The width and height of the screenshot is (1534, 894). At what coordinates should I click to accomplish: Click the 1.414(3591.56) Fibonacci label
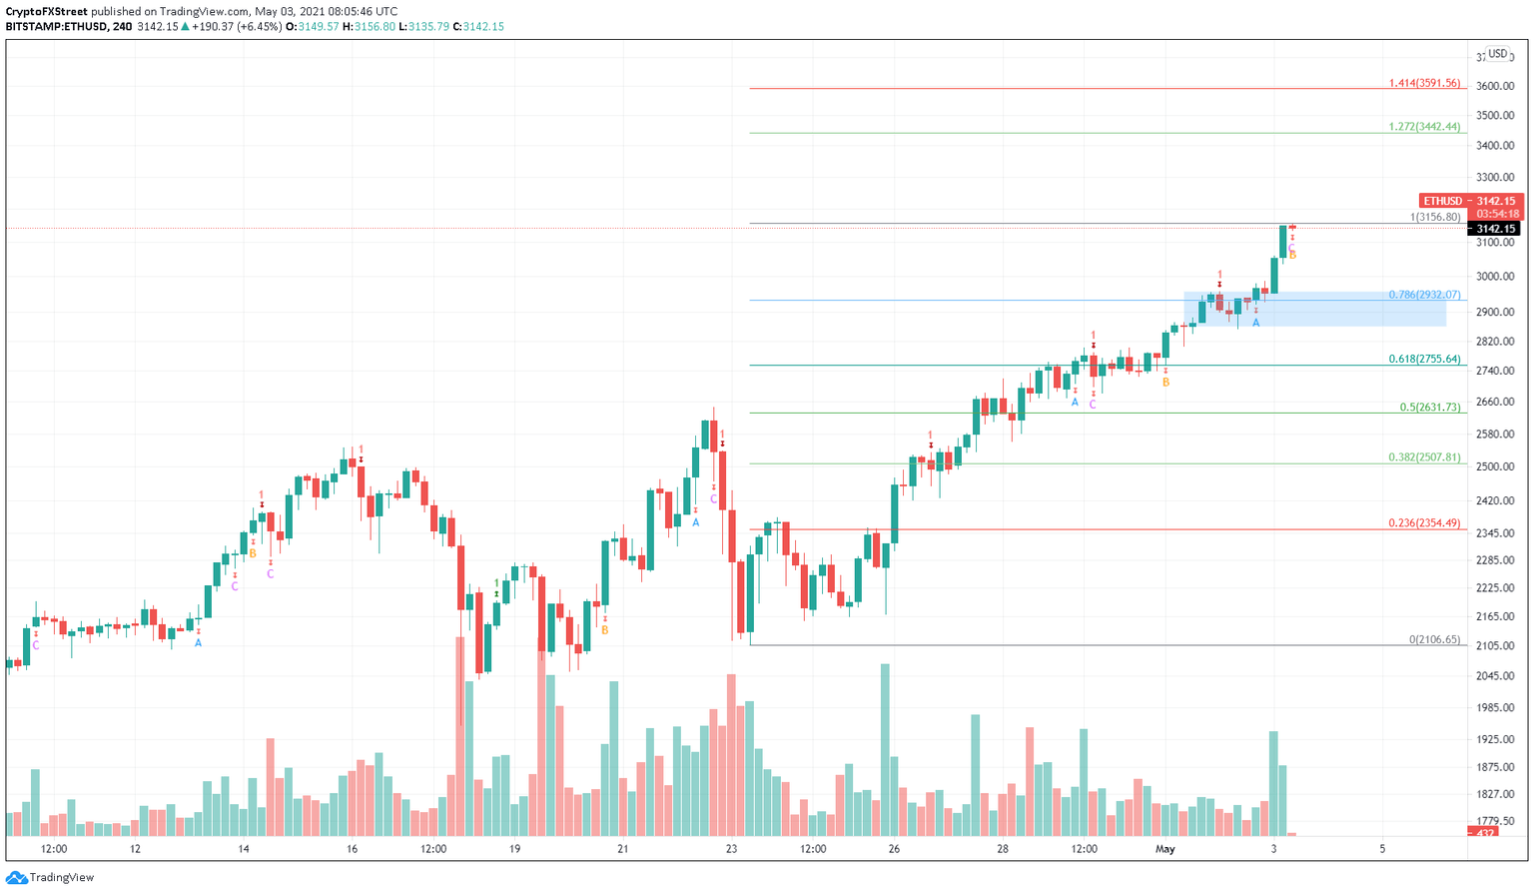tap(1423, 84)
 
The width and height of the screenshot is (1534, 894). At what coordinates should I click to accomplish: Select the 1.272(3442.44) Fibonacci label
tap(1423, 128)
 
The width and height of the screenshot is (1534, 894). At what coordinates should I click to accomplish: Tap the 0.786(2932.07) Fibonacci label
tap(1423, 296)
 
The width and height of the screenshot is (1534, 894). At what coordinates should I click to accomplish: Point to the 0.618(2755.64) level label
tap(1423, 360)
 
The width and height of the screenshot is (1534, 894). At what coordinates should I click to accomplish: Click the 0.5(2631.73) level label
tap(1429, 408)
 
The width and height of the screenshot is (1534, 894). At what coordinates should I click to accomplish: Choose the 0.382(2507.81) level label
tap(1423, 457)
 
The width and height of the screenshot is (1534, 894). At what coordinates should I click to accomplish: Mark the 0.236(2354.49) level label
tap(1423, 523)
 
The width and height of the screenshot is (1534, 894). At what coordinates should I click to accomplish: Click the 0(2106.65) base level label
tap(1434, 639)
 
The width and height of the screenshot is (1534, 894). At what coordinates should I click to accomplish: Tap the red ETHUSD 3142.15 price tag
tap(1471, 201)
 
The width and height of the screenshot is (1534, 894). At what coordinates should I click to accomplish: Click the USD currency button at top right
tap(1497, 54)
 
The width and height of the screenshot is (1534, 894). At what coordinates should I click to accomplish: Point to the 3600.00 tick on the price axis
tap(1495, 87)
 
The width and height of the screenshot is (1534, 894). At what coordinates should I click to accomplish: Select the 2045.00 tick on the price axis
tap(1495, 676)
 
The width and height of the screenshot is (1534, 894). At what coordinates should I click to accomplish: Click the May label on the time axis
tap(1164, 849)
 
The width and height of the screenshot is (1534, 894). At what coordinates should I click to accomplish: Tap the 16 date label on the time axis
tap(352, 849)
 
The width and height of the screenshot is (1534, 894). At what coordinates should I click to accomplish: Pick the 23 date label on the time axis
tap(731, 849)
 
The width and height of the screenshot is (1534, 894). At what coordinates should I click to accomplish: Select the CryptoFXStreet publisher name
tap(47, 12)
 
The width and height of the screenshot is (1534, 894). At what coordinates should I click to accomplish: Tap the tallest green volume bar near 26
tap(885, 749)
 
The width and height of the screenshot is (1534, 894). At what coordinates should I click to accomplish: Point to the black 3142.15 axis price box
tap(1495, 229)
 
